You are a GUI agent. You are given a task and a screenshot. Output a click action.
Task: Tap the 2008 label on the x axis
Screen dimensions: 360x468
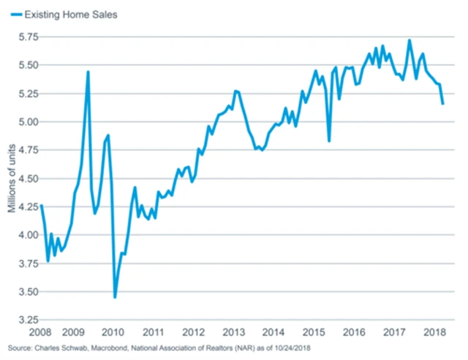41,331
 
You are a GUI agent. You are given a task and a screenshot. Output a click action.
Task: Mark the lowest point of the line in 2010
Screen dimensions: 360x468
115,297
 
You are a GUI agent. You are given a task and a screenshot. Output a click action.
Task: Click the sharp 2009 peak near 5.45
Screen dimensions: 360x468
88,72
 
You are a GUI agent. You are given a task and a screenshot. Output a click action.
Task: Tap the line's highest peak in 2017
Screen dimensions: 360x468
409,40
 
